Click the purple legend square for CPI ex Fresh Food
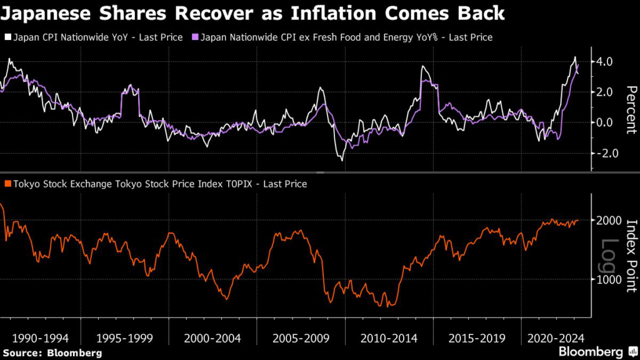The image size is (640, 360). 195,37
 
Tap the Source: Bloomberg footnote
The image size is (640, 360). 51,353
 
